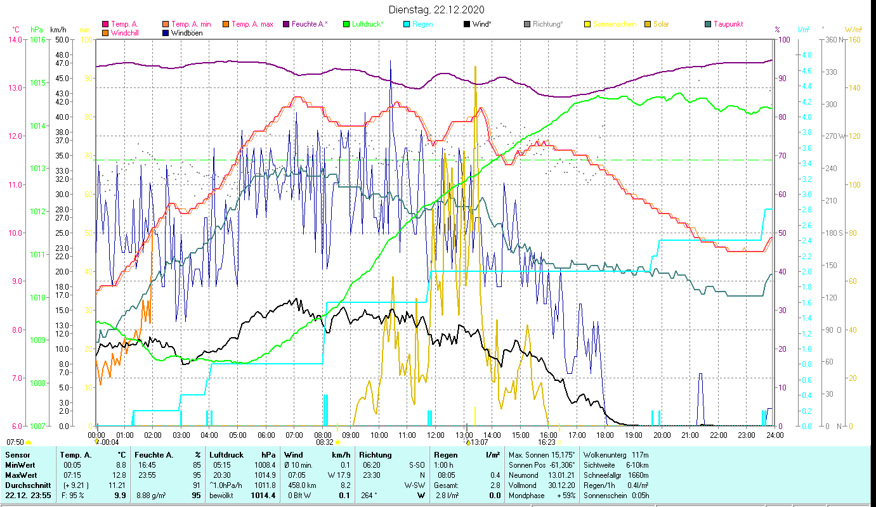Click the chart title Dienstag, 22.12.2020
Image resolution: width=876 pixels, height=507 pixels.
[436, 10]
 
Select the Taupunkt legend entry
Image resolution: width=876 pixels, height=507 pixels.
[728, 25]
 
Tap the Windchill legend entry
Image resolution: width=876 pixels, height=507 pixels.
[126, 33]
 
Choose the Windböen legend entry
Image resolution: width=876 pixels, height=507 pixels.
[187, 33]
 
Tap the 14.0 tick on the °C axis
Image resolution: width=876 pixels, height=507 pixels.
[15, 39]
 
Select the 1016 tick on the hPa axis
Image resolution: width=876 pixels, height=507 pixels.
[37, 39]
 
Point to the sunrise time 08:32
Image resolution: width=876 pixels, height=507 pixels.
[325, 442]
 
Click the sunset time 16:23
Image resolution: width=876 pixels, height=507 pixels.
[547, 442]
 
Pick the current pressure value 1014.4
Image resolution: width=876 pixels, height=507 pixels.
[266, 496]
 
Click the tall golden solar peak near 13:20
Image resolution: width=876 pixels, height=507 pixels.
[475, 70]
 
